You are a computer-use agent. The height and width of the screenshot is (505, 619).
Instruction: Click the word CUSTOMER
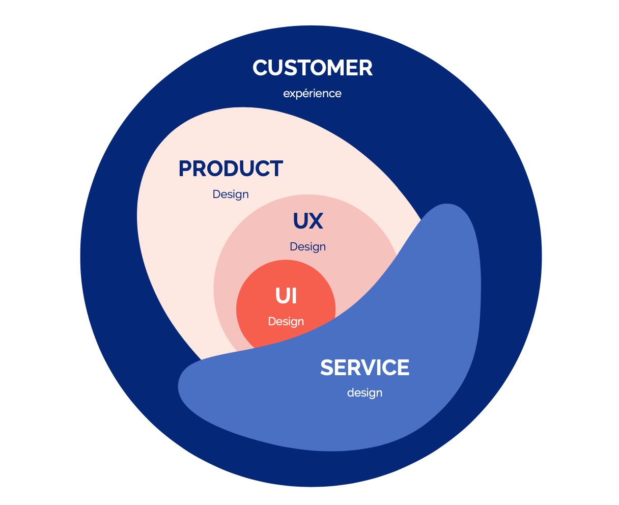[x=313, y=68]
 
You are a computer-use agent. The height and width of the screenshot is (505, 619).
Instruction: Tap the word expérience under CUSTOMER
[x=312, y=94]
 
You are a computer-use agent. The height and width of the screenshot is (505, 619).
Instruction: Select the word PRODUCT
[x=231, y=169]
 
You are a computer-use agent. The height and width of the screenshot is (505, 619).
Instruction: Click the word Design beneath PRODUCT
[x=231, y=194]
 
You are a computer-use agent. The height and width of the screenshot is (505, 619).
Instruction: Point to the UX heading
[x=308, y=221]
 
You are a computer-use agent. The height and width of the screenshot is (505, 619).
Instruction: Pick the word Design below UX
[x=307, y=247]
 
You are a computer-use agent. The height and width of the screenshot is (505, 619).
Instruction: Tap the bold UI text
[x=286, y=296]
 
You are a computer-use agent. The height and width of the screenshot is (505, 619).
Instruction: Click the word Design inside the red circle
[x=286, y=322]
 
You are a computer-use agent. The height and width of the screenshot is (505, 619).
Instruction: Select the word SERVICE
[x=364, y=368]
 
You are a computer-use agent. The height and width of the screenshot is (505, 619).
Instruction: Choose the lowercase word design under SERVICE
[x=364, y=393]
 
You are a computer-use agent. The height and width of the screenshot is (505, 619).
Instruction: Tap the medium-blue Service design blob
[x=433, y=305]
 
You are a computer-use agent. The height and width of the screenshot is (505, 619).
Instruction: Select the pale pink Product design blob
[x=168, y=244]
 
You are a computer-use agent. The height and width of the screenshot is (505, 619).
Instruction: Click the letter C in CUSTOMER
[x=261, y=68]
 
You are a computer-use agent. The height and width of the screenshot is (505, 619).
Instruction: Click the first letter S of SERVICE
[x=327, y=368]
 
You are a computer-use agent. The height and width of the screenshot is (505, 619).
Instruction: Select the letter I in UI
[x=294, y=296]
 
